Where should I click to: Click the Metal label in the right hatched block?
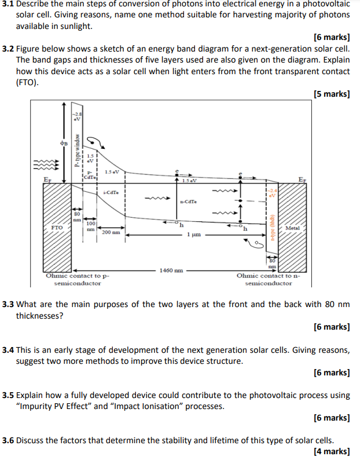click(x=292, y=228)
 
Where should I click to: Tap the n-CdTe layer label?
click(x=188, y=202)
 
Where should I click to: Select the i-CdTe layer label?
click(x=111, y=192)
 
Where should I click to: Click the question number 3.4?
click(x=8, y=350)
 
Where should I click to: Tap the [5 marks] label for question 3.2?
click(x=332, y=94)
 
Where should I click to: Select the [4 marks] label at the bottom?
click(x=332, y=451)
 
